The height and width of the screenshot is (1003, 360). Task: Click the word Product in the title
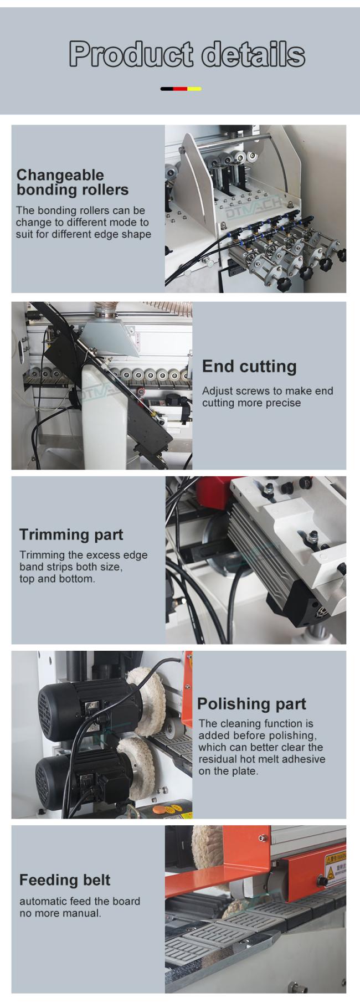131,54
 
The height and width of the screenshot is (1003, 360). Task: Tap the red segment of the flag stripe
181,89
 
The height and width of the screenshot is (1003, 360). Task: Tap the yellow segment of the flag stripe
194,89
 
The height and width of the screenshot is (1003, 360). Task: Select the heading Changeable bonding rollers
72,182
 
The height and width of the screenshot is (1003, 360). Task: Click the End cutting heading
249,366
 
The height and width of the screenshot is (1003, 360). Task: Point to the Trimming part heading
71,534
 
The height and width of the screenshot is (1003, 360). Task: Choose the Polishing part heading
251,704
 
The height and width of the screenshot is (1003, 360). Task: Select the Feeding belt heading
65,880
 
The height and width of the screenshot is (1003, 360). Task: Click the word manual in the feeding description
82,913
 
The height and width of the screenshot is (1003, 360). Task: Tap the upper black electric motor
83,703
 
